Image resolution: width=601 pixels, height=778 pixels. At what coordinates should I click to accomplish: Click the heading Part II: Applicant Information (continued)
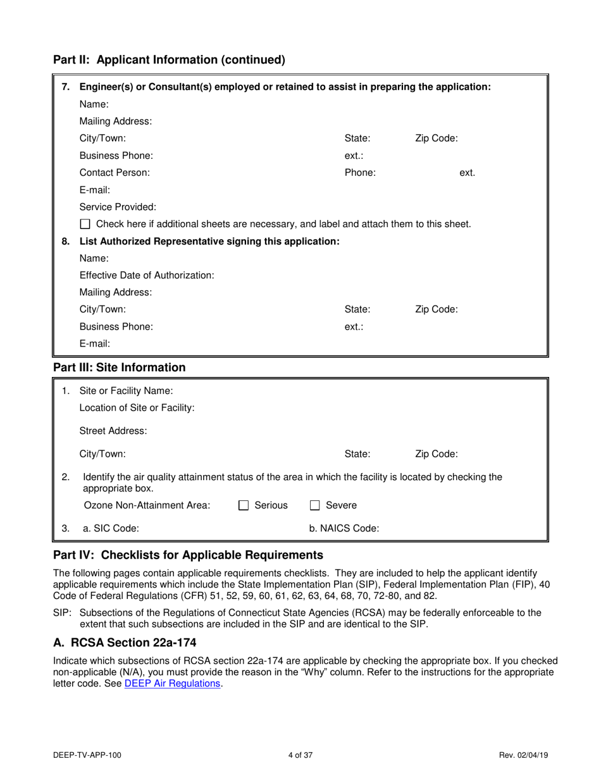click(169, 60)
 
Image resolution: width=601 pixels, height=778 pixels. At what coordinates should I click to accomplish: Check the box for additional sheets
click(85, 224)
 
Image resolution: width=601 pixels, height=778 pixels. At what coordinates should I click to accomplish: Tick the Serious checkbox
click(244, 505)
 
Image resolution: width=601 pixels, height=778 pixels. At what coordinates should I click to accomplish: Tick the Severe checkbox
click(314, 505)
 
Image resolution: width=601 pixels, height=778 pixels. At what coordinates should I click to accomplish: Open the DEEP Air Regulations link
click(173, 683)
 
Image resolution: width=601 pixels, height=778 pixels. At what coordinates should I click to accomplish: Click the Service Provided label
click(118, 207)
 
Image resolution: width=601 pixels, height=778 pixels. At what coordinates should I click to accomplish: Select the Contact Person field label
click(115, 172)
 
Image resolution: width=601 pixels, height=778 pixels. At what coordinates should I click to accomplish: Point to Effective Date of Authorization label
click(147, 275)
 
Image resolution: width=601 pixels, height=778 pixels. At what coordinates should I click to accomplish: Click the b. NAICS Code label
click(344, 528)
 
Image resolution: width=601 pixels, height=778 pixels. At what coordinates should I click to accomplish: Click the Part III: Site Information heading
click(120, 367)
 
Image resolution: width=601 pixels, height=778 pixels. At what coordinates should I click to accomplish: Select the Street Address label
click(113, 431)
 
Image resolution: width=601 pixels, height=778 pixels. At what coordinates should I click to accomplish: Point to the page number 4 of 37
click(300, 755)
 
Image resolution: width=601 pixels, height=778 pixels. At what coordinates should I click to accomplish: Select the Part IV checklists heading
click(188, 555)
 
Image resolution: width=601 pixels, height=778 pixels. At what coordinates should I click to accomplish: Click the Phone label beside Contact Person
click(360, 172)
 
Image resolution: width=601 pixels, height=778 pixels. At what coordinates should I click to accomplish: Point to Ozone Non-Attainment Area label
click(147, 505)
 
